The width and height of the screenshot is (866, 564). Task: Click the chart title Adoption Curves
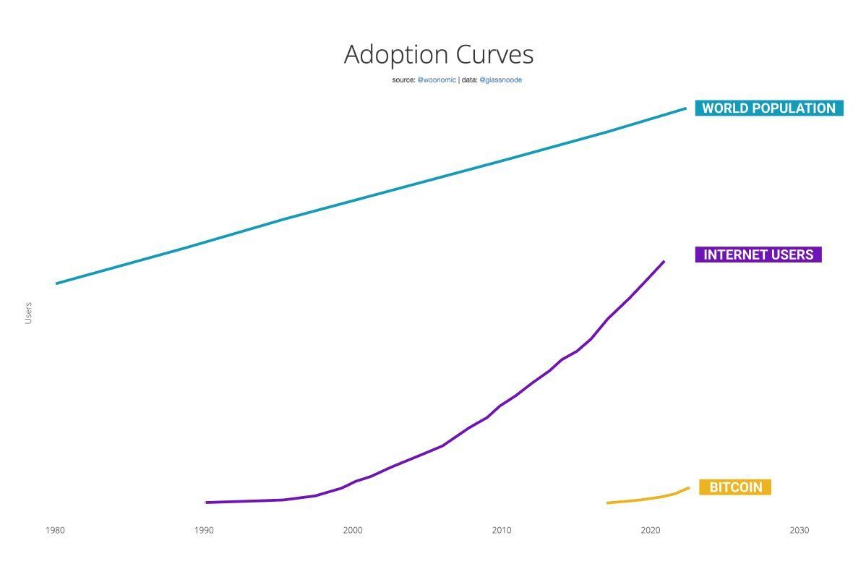click(438, 55)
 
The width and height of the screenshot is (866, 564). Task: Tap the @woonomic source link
click(437, 80)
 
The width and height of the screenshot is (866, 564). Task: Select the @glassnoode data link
click(500, 80)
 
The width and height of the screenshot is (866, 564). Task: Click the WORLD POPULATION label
click(768, 108)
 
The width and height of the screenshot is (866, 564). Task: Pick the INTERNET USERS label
click(758, 255)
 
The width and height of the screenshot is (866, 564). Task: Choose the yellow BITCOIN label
click(735, 487)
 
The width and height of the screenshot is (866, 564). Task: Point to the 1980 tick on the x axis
click(55, 530)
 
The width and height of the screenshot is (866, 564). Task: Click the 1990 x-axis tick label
click(204, 530)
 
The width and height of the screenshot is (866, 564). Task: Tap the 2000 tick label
click(353, 530)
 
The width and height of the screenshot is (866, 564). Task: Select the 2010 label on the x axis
click(502, 530)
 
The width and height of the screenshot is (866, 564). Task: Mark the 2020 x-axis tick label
click(651, 530)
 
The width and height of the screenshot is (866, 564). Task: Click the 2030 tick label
click(799, 530)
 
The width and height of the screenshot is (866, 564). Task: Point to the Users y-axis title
click(28, 313)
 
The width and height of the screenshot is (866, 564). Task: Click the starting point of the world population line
click(56, 283)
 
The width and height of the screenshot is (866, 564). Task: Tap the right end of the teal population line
click(685, 108)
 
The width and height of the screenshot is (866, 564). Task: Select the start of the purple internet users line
click(207, 502)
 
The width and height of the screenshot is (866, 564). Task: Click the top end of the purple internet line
click(664, 261)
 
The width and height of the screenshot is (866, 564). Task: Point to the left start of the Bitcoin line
click(607, 503)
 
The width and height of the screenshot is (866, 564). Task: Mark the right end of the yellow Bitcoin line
click(688, 487)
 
